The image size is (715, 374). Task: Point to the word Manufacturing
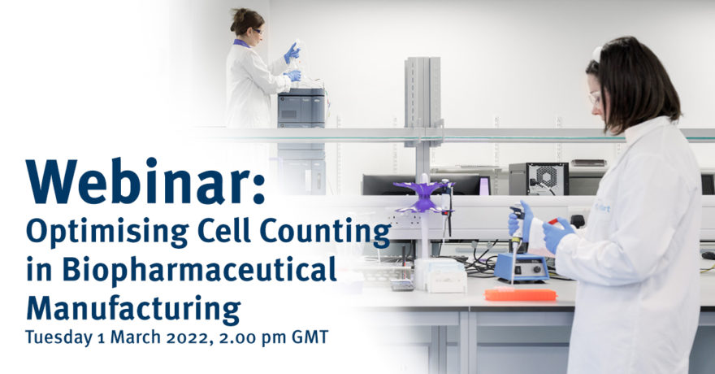coord(133,308)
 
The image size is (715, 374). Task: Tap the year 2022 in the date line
coord(184,337)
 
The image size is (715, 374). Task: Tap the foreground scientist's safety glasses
coord(595,98)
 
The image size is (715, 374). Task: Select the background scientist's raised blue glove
coord(292,53)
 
